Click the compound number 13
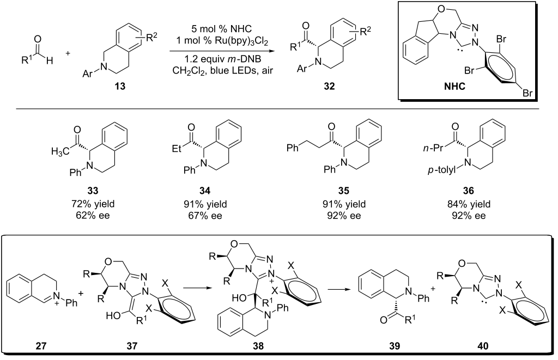tap(120, 86)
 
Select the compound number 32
tap(329, 86)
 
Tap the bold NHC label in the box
tap(454, 86)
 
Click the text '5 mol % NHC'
tap(221, 28)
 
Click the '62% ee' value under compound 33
tap(93, 215)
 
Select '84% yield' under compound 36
tap(469, 204)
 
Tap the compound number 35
tap(343, 191)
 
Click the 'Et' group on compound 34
tap(177, 148)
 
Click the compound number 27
tap(40, 345)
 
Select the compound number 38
tap(258, 345)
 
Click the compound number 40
tap(483, 345)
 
